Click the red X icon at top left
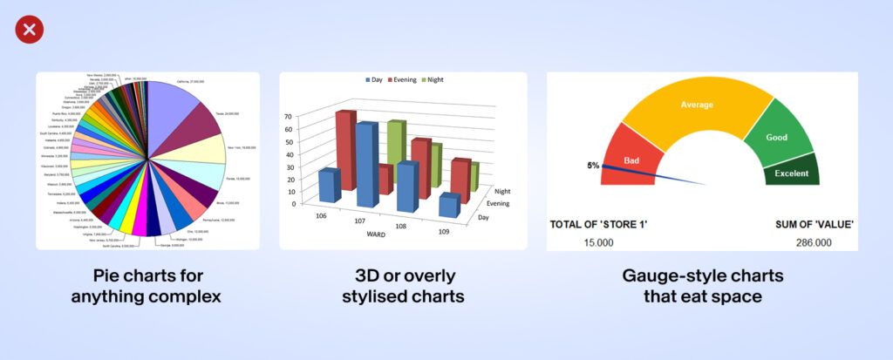coord(29,31)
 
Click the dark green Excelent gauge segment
coord(792,173)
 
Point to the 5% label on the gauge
coord(593,165)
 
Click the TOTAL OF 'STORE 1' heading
coord(603,224)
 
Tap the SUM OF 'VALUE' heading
coord(814,224)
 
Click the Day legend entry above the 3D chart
coord(372,79)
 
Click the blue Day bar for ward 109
coord(447,206)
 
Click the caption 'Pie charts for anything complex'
coord(147,286)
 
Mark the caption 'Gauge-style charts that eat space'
coord(702,286)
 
